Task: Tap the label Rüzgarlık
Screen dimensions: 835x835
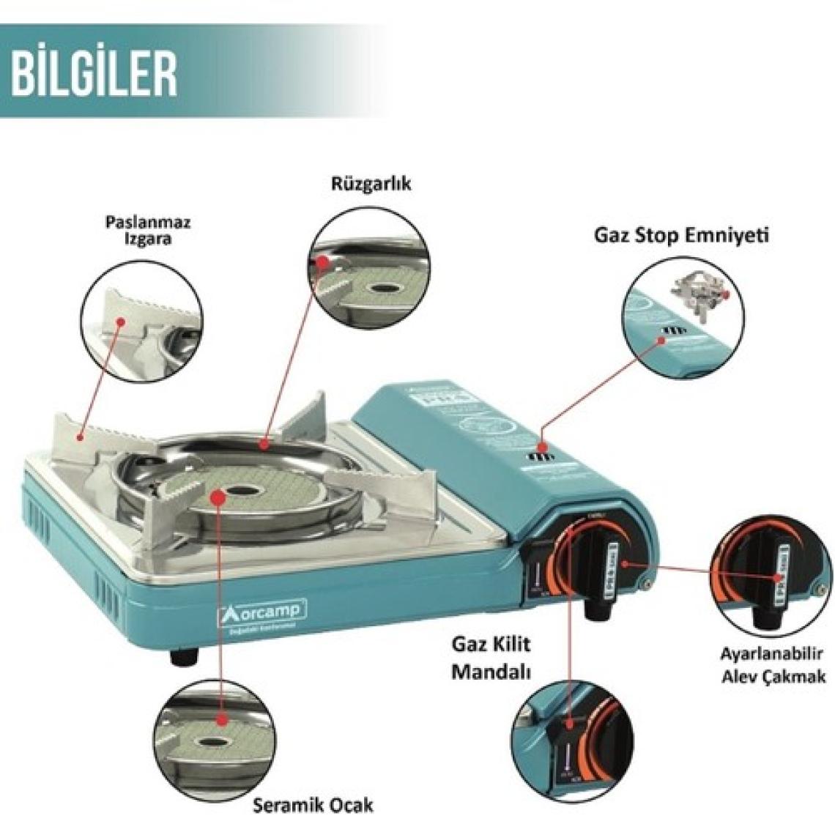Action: point(371,183)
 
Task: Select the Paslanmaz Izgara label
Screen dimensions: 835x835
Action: point(148,230)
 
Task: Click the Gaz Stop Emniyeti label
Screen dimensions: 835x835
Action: point(680,236)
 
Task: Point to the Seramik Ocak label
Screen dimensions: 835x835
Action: point(313,805)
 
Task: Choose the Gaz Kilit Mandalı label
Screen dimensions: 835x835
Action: point(490,658)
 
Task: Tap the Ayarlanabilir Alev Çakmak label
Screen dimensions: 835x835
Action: point(773,665)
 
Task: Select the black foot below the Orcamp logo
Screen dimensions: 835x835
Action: point(185,656)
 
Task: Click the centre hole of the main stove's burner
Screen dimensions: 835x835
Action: point(236,491)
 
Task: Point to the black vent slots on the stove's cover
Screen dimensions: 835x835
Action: point(542,459)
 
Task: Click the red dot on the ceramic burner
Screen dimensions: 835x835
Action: point(218,497)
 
